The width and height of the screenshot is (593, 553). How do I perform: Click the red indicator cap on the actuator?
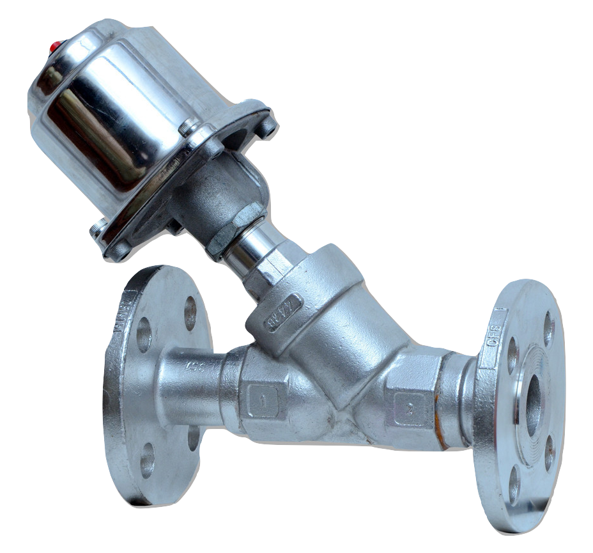(54, 45)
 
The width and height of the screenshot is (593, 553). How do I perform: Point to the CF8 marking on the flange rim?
(493, 333)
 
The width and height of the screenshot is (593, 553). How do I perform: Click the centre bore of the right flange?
(532, 396)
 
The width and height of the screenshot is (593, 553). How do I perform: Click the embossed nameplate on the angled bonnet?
(283, 312)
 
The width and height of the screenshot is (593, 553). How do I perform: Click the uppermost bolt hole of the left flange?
(190, 313)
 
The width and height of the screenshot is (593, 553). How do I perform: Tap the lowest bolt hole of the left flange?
(147, 459)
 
